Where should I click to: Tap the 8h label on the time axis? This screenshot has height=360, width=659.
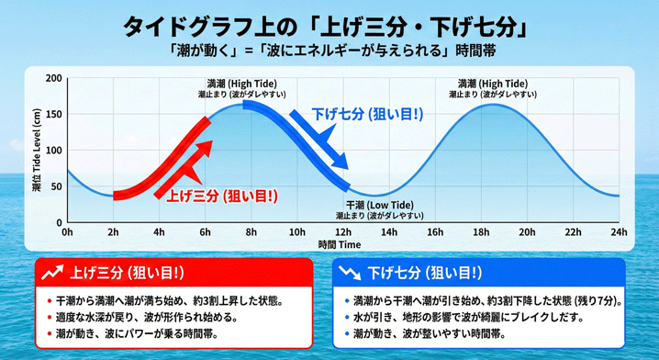click(x=251, y=232)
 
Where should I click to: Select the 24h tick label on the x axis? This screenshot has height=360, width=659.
click(x=619, y=232)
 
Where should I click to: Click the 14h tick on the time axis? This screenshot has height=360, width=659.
click(x=389, y=232)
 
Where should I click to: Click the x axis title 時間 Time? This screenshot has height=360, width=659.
click(x=340, y=244)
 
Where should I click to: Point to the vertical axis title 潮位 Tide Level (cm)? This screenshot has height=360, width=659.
click(x=36, y=152)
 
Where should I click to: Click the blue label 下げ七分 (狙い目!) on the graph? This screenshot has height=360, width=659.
click(x=367, y=115)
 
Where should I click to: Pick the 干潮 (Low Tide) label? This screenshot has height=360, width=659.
click(x=378, y=205)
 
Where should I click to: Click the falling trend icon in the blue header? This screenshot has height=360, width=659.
click(x=349, y=273)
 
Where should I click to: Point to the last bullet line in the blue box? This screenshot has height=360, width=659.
click(x=439, y=334)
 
